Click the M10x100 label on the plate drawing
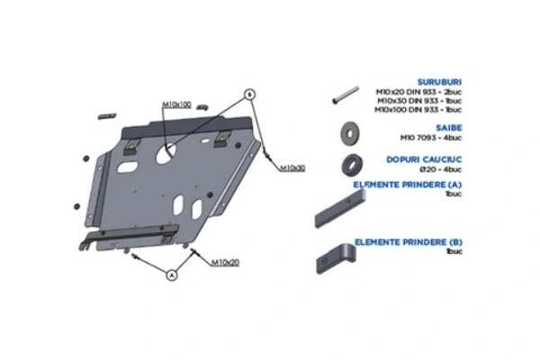pos(176,104)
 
